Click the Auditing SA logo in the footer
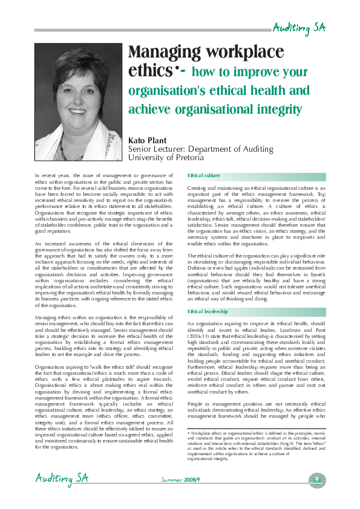61,479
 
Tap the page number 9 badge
317,479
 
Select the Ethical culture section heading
204,176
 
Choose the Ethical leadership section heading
208,311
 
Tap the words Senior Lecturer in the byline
158,149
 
